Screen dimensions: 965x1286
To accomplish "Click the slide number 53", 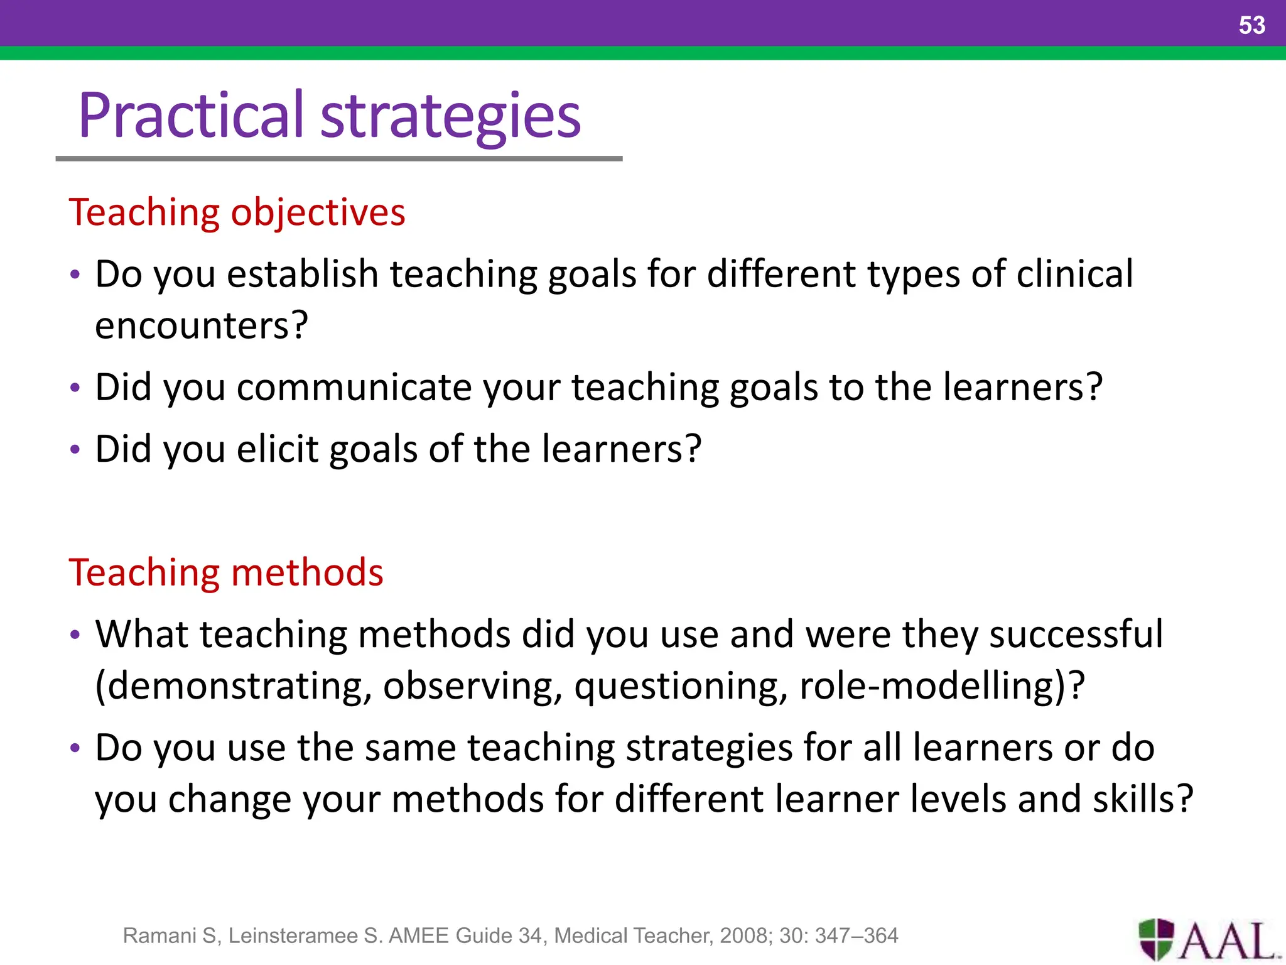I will pos(1251,25).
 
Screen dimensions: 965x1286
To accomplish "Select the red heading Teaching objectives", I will pos(237,212).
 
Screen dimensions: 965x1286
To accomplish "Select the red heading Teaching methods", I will pos(226,572).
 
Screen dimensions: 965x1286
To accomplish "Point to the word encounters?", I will pos(202,325).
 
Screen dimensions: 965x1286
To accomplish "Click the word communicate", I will pos(354,387).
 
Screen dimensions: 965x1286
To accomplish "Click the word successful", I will pos(1076,634).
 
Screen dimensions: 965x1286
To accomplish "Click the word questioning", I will pos(680,687).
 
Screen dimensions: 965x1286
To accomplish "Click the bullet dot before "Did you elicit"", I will pos(75,450).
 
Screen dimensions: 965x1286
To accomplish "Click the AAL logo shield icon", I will pos(1156,939).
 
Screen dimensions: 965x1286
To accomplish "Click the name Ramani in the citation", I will pos(159,935).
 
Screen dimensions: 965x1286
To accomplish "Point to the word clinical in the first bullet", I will pos(1074,274).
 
